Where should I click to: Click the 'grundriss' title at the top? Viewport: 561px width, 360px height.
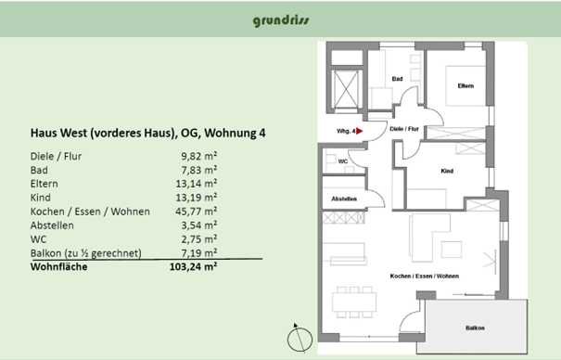tap(281, 20)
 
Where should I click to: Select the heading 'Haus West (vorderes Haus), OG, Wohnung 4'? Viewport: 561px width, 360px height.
tap(147, 133)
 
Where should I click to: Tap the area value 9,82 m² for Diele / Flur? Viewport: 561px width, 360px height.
tap(199, 156)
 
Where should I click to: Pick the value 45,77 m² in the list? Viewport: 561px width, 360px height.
tap(196, 212)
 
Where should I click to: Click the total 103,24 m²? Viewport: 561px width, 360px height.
tap(193, 266)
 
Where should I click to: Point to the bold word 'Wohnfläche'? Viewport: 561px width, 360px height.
tap(59, 267)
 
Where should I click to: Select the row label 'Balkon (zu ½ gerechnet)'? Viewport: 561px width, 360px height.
tap(86, 253)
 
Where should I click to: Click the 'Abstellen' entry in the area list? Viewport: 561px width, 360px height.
tap(52, 225)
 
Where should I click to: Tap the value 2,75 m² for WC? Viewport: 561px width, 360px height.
tap(199, 239)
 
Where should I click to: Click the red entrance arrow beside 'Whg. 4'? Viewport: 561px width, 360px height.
tap(359, 132)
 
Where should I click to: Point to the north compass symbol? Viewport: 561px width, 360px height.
tap(300, 338)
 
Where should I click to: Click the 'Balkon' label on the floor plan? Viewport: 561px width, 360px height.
tap(475, 328)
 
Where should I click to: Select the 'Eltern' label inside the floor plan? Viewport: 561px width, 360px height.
tap(465, 86)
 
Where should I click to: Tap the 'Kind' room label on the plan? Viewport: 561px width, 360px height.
tap(447, 171)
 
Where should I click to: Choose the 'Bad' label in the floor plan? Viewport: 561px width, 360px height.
tap(398, 79)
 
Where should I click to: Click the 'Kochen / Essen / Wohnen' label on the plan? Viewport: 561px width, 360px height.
tap(425, 276)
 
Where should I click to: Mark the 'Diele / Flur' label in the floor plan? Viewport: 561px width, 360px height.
tap(404, 129)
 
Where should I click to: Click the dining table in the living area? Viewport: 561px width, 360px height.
tap(354, 302)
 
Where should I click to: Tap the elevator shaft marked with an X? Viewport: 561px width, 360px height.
tap(346, 89)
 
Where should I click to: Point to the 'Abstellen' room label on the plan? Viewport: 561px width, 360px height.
tap(344, 199)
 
